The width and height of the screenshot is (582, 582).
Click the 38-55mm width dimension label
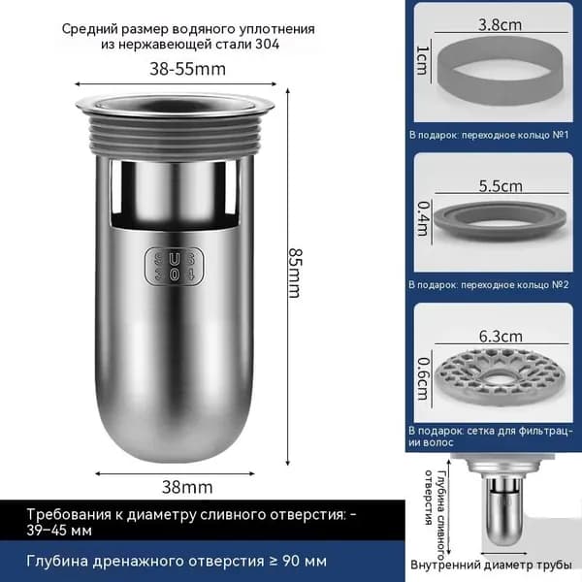point(187,69)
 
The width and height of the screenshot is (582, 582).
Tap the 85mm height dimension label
point(296,273)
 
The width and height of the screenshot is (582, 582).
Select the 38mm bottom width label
point(187,487)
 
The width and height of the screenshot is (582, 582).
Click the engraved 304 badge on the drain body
point(174,266)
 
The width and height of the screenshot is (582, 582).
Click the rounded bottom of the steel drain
point(174,427)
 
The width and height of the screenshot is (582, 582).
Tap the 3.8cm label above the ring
point(500,25)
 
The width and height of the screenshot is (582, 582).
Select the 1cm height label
point(423,60)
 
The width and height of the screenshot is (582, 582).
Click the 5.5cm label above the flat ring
point(501,185)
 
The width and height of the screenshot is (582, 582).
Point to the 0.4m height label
point(423,218)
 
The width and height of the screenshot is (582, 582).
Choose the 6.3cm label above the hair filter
point(501,337)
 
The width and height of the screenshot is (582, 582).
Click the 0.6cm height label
point(423,379)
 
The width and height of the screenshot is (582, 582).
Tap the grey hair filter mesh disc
point(500,375)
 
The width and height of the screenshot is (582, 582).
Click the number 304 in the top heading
point(268,45)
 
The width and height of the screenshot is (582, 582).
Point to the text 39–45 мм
point(59,531)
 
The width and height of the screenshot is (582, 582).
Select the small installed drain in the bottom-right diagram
point(502,501)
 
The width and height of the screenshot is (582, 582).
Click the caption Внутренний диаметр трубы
point(491,566)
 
